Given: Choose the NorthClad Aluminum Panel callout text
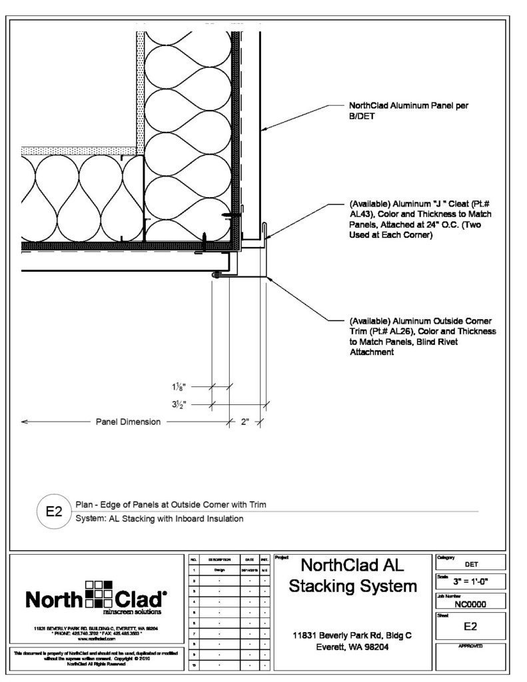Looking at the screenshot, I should pos(413,110).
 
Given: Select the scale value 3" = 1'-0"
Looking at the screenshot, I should pos(470,581).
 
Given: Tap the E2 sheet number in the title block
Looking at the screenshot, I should pos(470,627).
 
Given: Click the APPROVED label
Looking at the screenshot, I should pos(470,645).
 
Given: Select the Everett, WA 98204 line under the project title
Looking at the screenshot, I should pos(352,647).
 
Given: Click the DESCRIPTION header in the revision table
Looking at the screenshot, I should pos(219,561).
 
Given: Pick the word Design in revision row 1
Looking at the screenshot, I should pos(219,571).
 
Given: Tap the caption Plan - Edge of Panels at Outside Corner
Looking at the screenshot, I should pos(171,505).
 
